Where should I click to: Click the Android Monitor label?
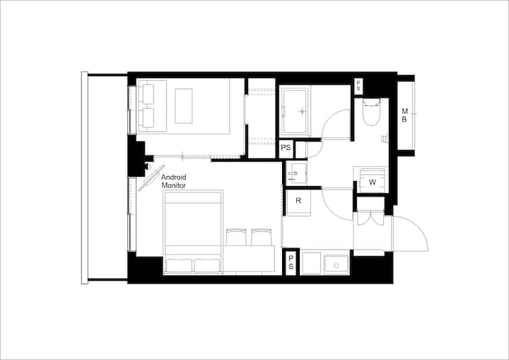(174, 181)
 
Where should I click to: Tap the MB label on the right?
(404, 115)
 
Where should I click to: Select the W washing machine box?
(372, 180)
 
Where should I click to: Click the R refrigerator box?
(298, 202)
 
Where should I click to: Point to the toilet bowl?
(371, 112)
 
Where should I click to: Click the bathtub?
(295, 112)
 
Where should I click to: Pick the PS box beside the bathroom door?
(286, 149)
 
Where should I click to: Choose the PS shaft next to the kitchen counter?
(291, 262)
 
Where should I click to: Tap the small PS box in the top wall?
(358, 86)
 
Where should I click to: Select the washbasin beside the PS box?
(296, 173)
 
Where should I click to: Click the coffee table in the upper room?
(184, 106)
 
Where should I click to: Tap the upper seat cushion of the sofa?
(148, 94)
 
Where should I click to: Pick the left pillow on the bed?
(179, 265)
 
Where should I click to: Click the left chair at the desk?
(236, 237)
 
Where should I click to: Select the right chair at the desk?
(262, 237)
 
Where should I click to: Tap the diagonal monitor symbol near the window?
(151, 178)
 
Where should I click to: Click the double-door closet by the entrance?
(370, 219)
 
